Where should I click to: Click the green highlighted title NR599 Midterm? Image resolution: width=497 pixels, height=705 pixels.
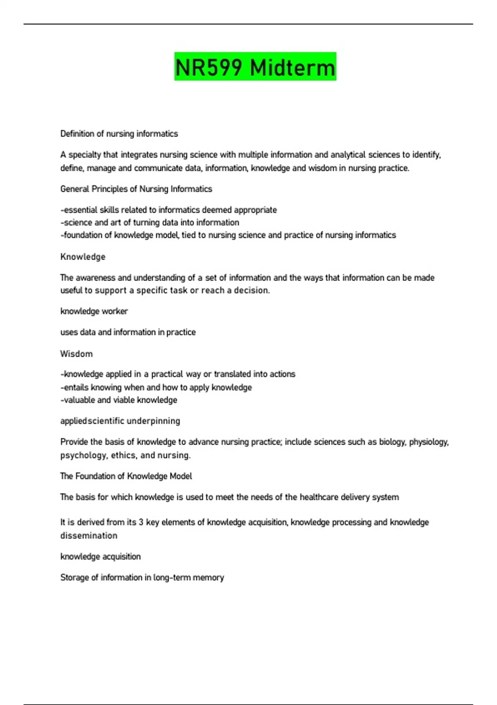(255, 67)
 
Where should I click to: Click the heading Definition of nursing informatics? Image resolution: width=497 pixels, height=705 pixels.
(119, 134)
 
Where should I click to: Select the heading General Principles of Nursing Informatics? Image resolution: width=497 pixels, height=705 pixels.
(136, 189)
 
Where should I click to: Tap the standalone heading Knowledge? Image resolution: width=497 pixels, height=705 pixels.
(83, 257)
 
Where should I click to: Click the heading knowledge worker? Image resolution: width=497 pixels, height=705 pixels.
(94, 311)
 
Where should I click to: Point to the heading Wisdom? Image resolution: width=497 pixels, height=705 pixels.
(77, 354)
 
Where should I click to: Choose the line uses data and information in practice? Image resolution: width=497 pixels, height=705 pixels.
(128, 332)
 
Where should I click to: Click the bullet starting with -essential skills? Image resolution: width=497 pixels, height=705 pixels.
(169, 210)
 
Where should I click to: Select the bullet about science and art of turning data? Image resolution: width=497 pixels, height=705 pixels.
(150, 222)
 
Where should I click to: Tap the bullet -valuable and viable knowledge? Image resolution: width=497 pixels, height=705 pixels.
(119, 400)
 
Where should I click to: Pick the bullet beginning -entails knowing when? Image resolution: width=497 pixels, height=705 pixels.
(156, 387)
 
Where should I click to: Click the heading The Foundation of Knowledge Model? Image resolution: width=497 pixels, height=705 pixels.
(126, 476)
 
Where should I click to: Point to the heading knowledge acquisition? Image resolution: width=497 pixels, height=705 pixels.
(101, 557)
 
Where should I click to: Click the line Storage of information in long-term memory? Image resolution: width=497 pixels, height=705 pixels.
(142, 577)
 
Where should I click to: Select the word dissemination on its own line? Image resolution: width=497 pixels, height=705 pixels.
(89, 535)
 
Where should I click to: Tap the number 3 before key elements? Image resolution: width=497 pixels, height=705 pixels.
(141, 522)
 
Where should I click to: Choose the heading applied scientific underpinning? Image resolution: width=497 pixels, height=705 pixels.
(120, 421)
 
